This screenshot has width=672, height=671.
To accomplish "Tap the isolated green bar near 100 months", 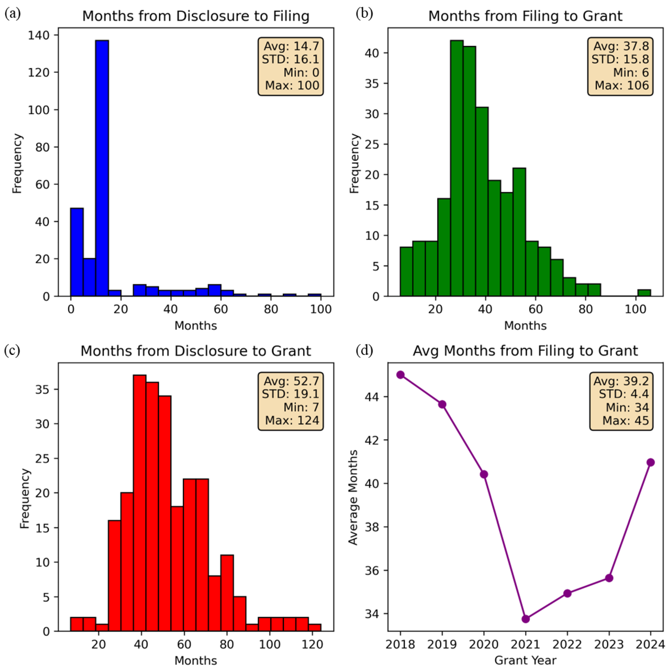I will [644, 293].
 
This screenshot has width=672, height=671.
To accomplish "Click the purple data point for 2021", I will [526, 619].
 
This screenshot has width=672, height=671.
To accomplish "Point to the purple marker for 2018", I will [400, 375].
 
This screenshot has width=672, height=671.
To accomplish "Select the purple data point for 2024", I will [651, 462].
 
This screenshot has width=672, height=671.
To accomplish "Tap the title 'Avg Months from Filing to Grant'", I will [525, 351].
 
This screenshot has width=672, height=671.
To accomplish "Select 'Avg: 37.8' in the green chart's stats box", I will [621, 46].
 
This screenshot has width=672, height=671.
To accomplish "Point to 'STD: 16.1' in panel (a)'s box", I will [290, 59].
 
